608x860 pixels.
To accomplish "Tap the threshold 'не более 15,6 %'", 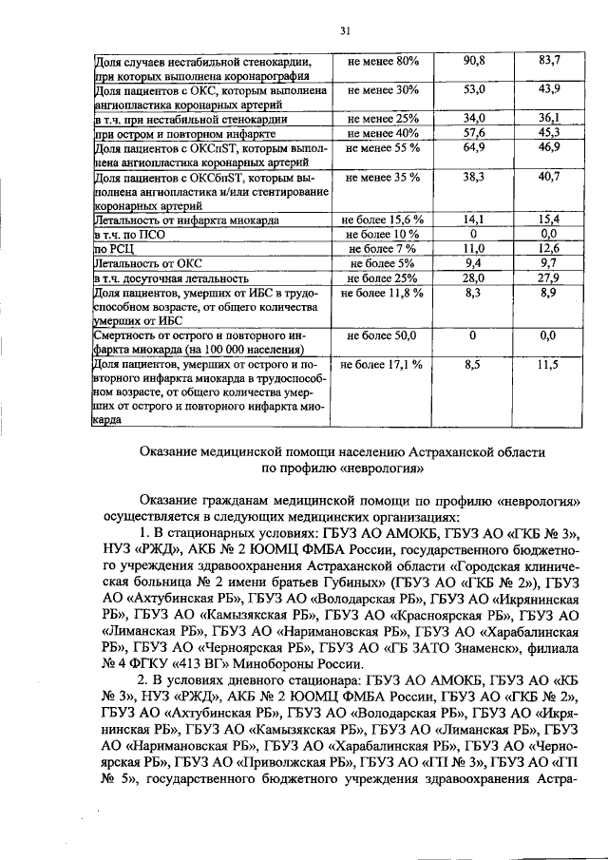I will (382, 220).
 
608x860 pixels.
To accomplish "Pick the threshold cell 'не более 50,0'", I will (382, 335).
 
